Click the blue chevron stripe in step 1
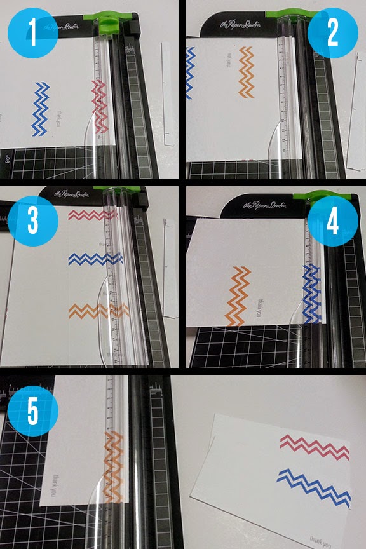41,109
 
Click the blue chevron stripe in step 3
95,259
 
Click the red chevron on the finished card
316,448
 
